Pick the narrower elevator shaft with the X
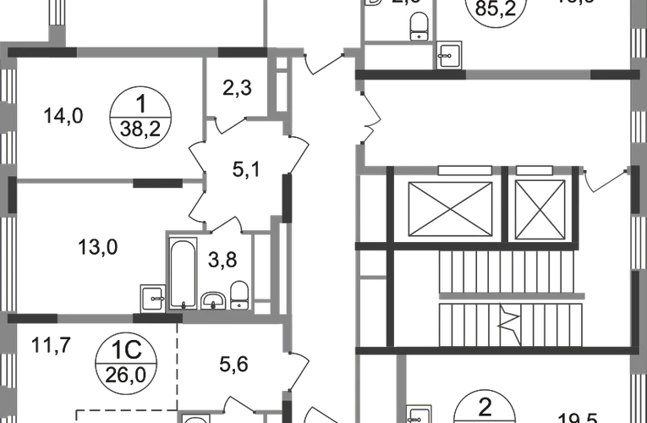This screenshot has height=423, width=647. click(540, 206)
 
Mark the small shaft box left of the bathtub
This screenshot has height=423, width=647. click(153, 296)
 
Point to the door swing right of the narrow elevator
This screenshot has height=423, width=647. click(608, 179)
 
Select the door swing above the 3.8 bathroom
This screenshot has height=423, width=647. click(226, 224)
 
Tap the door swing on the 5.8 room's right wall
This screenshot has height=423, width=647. click(297, 369)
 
